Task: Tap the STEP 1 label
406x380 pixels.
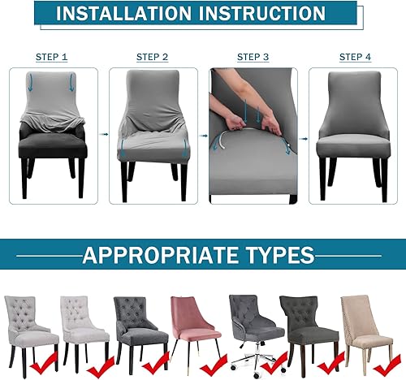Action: [x=52, y=58]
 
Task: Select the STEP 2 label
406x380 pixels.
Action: [x=153, y=57]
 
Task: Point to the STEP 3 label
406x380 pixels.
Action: [x=253, y=57]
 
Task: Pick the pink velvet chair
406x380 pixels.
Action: [x=192, y=325]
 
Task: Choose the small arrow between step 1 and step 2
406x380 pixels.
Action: [x=103, y=134]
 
